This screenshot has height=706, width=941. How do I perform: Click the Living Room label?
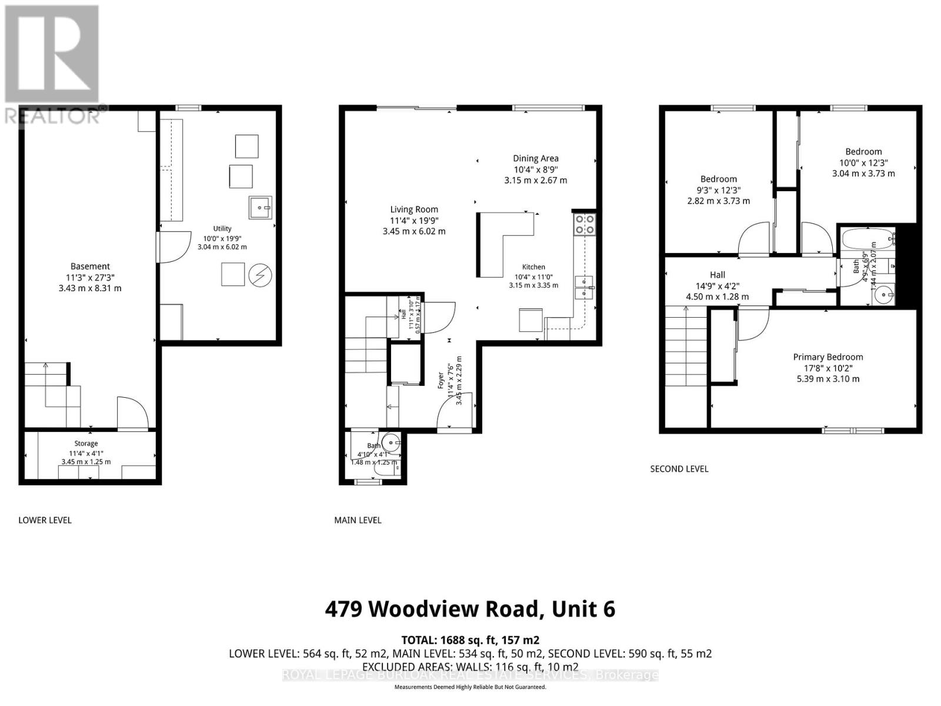(414, 209)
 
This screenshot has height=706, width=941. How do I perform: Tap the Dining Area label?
(535, 158)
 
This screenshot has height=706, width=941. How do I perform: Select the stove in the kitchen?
(585, 224)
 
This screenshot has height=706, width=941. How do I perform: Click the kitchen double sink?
(583, 287)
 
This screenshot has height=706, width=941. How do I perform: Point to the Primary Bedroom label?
(827, 357)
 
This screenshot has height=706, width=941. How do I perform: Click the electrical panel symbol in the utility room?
(260, 275)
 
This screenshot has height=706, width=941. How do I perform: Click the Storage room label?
(86, 444)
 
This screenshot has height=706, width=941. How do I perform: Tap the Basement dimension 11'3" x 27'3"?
(90, 278)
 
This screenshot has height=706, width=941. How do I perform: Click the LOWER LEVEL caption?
(45, 520)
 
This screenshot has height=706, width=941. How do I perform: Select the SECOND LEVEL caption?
(679, 469)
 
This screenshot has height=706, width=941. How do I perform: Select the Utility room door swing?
(174, 247)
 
